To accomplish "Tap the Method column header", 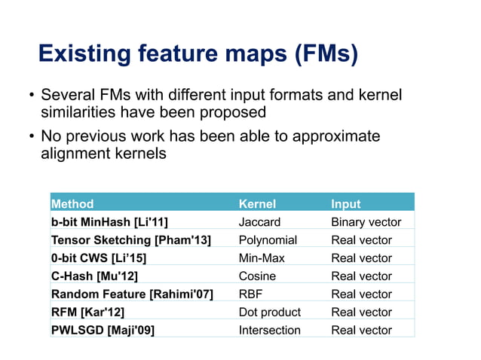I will click(72, 203).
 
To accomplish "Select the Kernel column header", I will click(257, 203).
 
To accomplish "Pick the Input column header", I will click(346, 203).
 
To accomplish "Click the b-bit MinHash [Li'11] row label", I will click(109, 221).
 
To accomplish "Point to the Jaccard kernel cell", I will click(259, 221).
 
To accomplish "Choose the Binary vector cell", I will click(366, 221).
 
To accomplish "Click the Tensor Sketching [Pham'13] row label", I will click(130, 239).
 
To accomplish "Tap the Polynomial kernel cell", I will click(268, 239).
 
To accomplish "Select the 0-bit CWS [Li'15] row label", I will click(99, 258).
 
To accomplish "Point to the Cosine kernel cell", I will click(257, 276).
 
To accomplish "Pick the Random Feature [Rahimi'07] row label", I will click(132, 294).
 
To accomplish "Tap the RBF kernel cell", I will click(250, 294).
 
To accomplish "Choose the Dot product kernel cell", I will click(269, 312).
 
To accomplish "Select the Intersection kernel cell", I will click(269, 330).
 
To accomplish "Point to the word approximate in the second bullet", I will click(336, 136).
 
